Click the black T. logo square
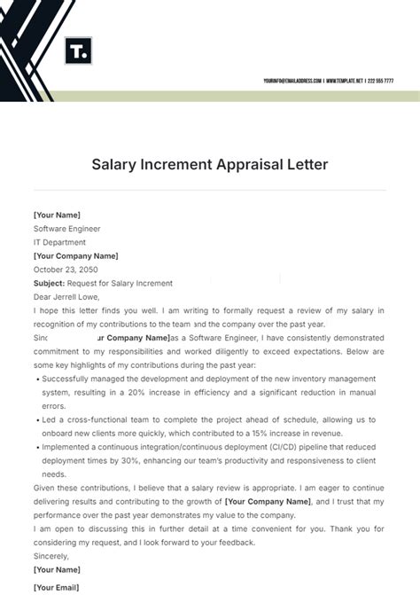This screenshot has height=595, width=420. (x=78, y=51)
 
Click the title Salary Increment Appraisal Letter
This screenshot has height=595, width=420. (x=210, y=165)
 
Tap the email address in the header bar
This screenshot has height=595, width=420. (x=292, y=81)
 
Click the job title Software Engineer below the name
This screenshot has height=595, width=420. (x=67, y=229)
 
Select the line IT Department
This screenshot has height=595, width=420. (x=59, y=242)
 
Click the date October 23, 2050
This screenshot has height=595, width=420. (x=66, y=270)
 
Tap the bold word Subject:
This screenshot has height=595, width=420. (x=50, y=283)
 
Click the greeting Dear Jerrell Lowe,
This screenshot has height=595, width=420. (x=67, y=297)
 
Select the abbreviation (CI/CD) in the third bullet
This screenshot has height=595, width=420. (x=270, y=447)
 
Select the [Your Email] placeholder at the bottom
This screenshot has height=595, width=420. (x=56, y=587)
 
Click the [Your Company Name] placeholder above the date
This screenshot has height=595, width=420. (x=75, y=256)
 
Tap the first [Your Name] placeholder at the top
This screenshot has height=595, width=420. (x=57, y=215)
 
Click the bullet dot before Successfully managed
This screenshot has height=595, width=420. (x=36, y=378)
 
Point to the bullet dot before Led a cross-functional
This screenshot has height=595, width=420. (x=36, y=419)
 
